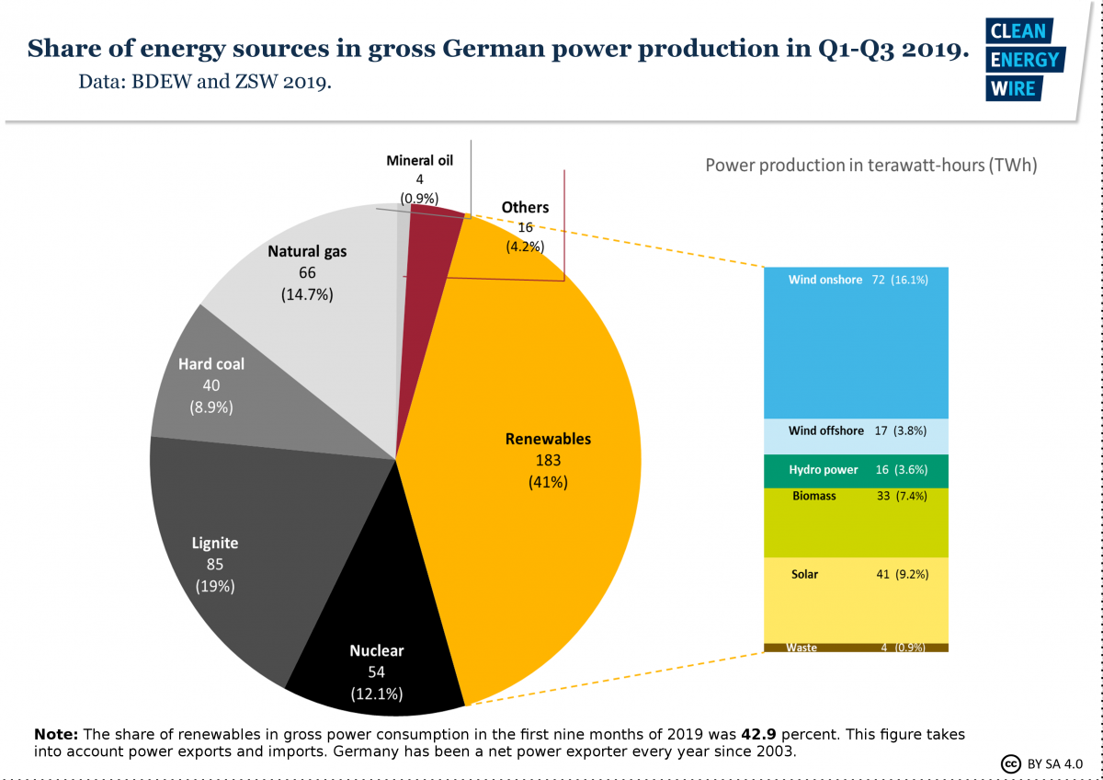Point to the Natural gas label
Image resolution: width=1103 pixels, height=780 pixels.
pos(307,251)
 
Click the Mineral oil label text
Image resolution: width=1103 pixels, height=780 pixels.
pos(419,160)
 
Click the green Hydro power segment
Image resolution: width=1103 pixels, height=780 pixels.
pos(856,470)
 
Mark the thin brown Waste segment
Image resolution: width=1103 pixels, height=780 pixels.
pos(856,648)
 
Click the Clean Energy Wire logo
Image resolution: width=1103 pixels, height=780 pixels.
pos(1023,60)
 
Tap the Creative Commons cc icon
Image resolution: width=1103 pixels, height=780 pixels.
pos(1011,763)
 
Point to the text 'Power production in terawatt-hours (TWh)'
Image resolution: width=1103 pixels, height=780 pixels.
pos(871,166)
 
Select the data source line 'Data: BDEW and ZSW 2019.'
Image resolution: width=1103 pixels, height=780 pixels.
pos(205,81)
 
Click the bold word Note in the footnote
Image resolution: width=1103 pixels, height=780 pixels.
pos(57,735)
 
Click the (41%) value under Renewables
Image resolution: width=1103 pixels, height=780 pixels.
pos(549,481)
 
